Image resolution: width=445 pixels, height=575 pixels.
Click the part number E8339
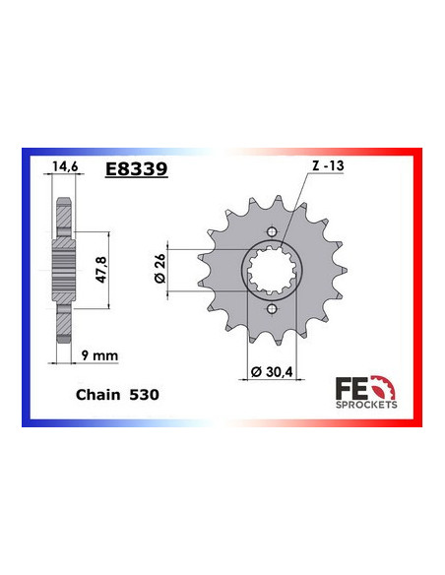tap(135, 169)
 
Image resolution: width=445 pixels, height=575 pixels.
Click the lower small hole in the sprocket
tap(270, 310)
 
